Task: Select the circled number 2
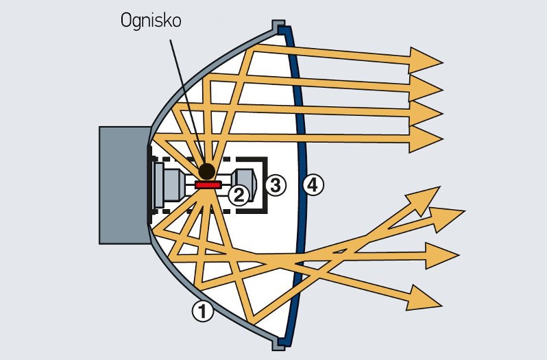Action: point(238,195)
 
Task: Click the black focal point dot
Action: point(206,171)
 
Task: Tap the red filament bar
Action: point(207,184)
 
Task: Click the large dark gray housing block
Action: point(123,185)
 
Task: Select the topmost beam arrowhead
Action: point(426,60)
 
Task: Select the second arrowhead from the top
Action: point(426,87)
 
